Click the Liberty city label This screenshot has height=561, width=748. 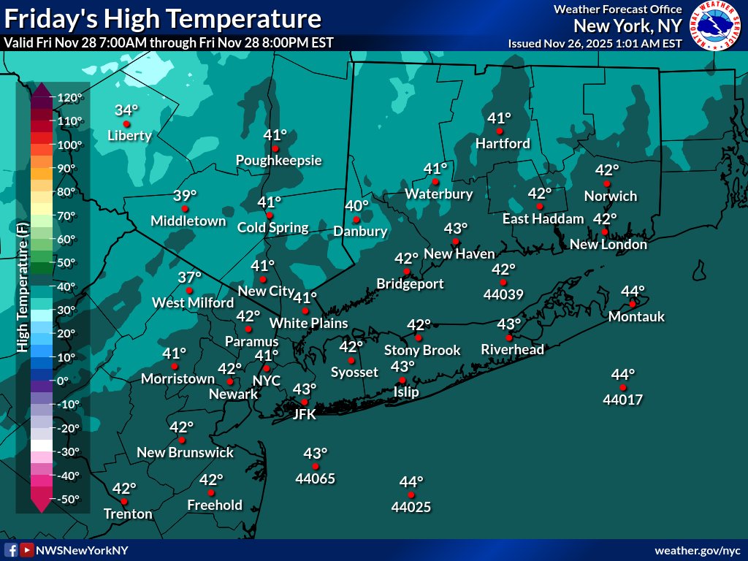click(x=129, y=135)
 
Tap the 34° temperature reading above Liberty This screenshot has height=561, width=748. click(x=126, y=110)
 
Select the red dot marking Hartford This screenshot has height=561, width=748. click(x=500, y=131)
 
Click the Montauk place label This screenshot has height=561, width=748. click(x=636, y=316)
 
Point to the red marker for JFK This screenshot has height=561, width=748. click(x=305, y=402)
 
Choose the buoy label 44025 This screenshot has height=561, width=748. click(x=411, y=506)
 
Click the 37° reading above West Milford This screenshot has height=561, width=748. click(x=189, y=278)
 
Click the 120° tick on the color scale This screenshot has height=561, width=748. click(x=72, y=97)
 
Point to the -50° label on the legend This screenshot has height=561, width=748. click(x=72, y=499)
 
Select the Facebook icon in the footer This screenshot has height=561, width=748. click(x=11, y=550)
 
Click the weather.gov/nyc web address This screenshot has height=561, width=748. click(x=697, y=550)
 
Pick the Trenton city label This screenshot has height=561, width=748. click(x=128, y=514)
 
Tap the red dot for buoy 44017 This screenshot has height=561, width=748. click(x=623, y=387)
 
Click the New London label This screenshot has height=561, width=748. click(x=608, y=245)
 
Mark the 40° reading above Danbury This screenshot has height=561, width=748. click(x=357, y=207)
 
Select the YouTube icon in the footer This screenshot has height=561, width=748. click(x=27, y=550)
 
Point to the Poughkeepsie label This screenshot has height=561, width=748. click(x=278, y=160)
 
